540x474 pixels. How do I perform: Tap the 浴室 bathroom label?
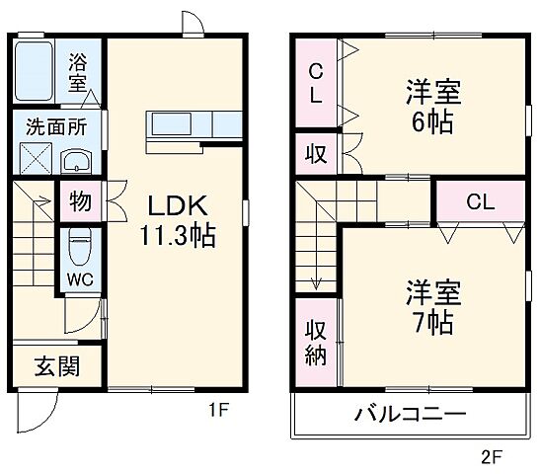(x=78, y=70)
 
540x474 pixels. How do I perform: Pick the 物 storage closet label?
(x=79, y=202)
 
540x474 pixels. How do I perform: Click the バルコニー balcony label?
(x=410, y=415)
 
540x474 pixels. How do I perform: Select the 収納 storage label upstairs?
(x=315, y=343)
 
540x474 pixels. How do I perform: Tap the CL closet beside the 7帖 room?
(x=481, y=203)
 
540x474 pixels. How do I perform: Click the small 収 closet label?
(x=316, y=154)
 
